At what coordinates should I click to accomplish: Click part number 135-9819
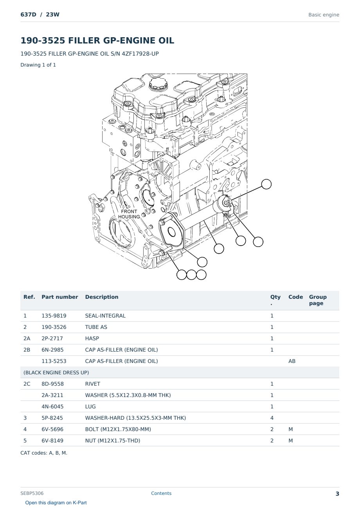pyautogui.click(x=54, y=316)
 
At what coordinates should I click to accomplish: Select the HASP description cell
pyautogui.click(x=92, y=338)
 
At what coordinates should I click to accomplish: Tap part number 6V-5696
pyautogui.click(x=52, y=429)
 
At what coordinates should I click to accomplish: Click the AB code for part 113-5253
pyautogui.click(x=292, y=361)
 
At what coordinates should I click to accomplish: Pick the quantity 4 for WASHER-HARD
pyautogui.click(x=272, y=418)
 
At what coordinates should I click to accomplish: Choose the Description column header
pyautogui.click(x=102, y=297)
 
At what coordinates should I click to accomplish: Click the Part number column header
pyautogui.click(x=60, y=297)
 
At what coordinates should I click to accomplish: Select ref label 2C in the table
pyautogui.click(x=27, y=384)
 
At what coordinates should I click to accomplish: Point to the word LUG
pyautogui.click(x=90, y=406)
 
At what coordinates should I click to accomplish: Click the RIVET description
pyautogui.click(x=93, y=384)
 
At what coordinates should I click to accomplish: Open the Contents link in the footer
pyautogui.click(x=161, y=493)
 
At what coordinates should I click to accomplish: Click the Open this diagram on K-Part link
pyautogui.click(x=56, y=503)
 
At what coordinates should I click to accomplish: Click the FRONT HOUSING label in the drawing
pyautogui.click(x=129, y=214)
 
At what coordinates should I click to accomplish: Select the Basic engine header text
pyautogui.click(x=324, y=15)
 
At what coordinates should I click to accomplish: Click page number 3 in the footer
pyautogui.click(x=337, y=494)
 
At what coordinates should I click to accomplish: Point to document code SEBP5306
pyautogui.click(x=32, y=493)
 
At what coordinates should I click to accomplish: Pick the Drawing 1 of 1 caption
pyautogui.click(x=38, y=65)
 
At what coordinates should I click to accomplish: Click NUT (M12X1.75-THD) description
pyautogui.click(x=113, y=440)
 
